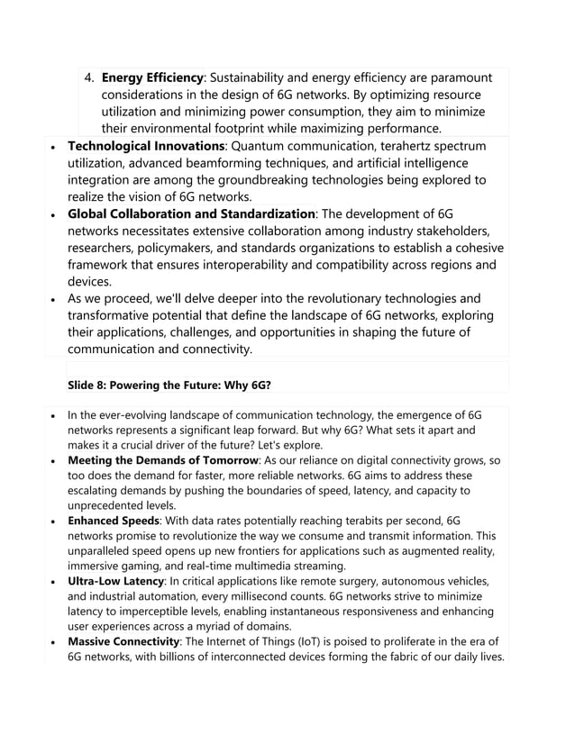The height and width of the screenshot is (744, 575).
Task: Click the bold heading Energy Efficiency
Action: pos(153,78)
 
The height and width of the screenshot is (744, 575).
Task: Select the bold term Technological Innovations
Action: pos(146,146)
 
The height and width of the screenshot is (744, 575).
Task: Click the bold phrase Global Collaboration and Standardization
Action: pos(191,213)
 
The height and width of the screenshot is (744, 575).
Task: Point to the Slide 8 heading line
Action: pos(169,385)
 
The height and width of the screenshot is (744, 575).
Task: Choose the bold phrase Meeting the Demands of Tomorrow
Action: pos(163,460)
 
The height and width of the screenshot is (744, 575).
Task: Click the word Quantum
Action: pos(262,146)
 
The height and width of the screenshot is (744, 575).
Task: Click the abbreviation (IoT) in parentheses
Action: pos(334,641)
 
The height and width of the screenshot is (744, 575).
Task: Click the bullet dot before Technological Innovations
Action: pos(56,147)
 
